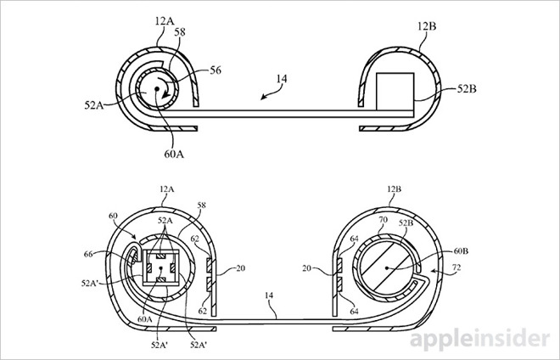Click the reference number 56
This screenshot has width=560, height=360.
pos(215,72)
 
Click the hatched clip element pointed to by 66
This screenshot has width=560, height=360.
pos(133,258)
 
